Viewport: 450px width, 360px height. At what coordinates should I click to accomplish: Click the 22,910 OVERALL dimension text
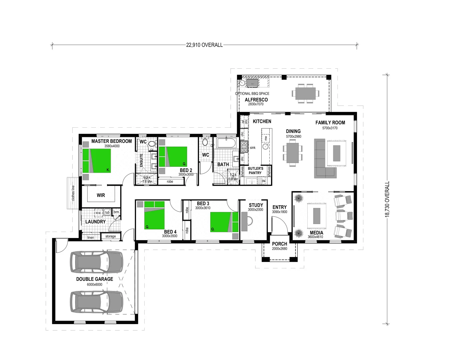click(x=204, y=45)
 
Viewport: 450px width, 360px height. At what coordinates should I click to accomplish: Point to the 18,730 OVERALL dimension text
click(x=387, y=199)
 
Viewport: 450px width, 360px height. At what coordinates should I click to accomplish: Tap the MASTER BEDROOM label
click(x=111, y=141)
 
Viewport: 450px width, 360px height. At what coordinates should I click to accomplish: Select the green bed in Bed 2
click(x=173, y=157)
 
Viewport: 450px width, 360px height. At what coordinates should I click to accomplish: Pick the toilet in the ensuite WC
click(x=152, y=144)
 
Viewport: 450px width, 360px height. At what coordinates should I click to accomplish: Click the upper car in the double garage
click(x=96, y=261)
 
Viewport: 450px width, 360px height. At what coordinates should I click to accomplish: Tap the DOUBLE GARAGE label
click(x=95, y=279)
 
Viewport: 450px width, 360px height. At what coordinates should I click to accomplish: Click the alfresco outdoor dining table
click(x=305, y=93)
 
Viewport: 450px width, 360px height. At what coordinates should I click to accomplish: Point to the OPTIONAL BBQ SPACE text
click(x=252, y=94)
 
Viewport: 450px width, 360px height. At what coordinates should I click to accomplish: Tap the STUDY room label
click(x=256, y=205)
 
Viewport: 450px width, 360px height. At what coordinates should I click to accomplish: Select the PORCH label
click(x=279, y=244)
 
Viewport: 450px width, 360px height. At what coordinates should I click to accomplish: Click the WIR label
click(x=101, y=195)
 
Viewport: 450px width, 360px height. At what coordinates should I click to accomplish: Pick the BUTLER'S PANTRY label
click(x=255, y=171)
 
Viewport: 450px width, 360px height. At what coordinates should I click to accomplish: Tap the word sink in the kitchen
click(x=252, y=148)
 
